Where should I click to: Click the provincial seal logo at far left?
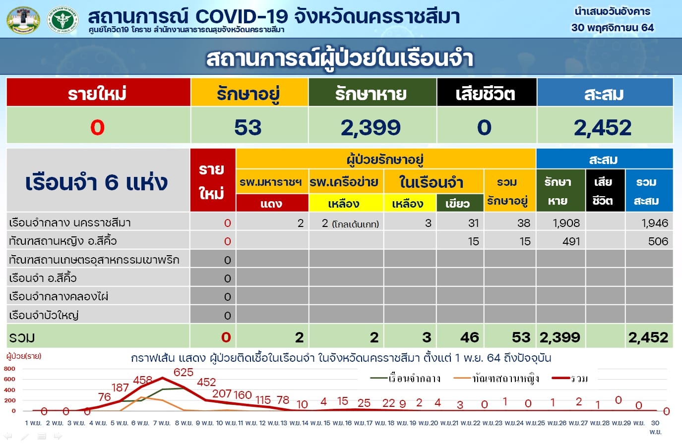pyautogui.click(x=23, y=20)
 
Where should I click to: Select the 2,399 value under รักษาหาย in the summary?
pyautogui.click(x=371, y=127)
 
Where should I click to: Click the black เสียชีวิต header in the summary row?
pyautogui.click(x=486, y=93)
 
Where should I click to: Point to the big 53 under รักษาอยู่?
pyautogui.click(x=248, y=127)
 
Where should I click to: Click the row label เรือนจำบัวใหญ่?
pyautogui.click(x=44, y=315)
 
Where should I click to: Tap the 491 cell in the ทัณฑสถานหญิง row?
pyautogui.click(x=571, y=241)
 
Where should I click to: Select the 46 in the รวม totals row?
pyautogui.click(x=470, y=337)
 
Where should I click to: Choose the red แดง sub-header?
pyautogui.click(x=272, y=203)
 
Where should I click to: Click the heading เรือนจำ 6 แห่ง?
pyautogui.click(x=97, y=182)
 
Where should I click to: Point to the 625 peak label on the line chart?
pyautogui.click(x=184, y=372)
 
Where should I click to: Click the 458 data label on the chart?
pyautogui.click(x=142, y=380)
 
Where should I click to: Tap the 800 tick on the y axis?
pyautogui.click(x=9, y=368)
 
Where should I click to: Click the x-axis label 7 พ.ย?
pyautogui.click(x=162, y=423)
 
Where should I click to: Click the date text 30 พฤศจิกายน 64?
pyautogui.click(x=613, y=28)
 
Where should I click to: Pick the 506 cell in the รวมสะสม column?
pyautogui.click(x=658, y=241)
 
